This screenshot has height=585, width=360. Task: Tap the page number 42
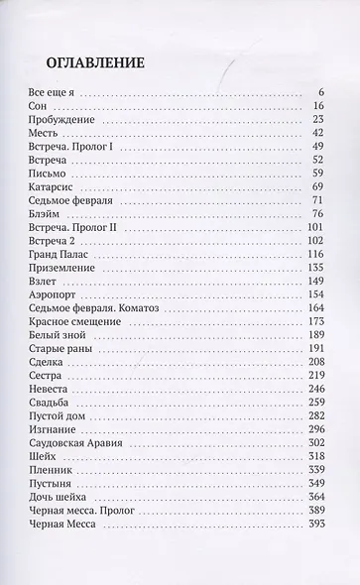(x=318, y=132)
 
